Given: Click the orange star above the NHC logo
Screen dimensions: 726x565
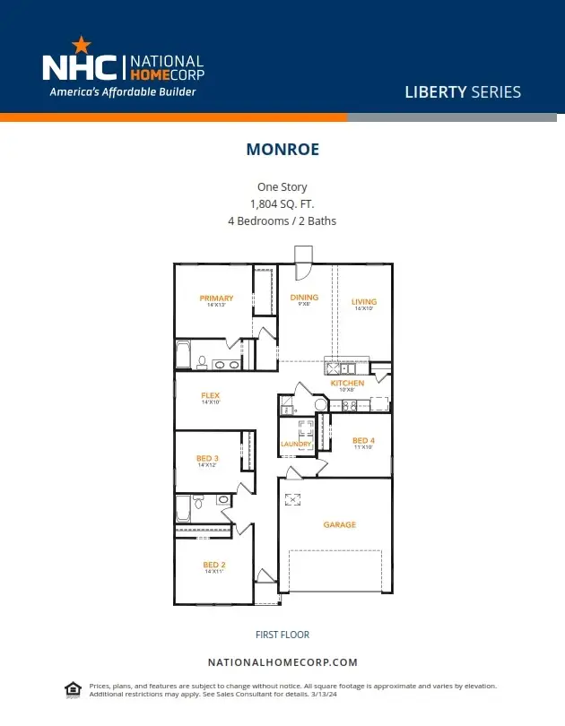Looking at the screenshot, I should (x=81, y=43).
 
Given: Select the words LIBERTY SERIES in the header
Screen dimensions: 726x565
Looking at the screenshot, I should (x=463, y=91).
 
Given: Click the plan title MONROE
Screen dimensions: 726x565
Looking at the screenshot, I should (x=282, y=150).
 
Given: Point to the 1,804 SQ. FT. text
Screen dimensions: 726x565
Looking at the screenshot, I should (x=282, y=203).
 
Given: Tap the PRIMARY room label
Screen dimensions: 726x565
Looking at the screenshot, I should (x=216, y=298).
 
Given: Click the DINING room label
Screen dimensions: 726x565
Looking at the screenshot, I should (x=304, y=298).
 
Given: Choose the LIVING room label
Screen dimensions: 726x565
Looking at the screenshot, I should (x=363, y=301).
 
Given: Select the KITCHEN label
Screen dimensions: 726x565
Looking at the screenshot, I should (x=347, y=383).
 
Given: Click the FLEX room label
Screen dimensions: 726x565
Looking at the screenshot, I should (x=210, y=395).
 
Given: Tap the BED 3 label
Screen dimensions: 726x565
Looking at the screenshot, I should (x=207, y=458).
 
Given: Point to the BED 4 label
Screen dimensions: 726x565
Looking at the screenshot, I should (x=363, y=440).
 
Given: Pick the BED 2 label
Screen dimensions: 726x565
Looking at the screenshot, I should (x=213, y=564).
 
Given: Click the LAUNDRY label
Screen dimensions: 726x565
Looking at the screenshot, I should (x=296, y=444).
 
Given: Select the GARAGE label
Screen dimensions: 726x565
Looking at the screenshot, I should (x=339, y=524).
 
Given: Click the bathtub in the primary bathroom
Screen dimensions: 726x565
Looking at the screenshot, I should (x=183, y=355).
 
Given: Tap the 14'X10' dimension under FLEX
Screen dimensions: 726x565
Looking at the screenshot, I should (x=210, y=402).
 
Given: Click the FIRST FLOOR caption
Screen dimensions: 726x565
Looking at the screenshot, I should (x=282, y=635).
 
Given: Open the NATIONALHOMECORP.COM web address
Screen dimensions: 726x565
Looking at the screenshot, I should (x=282, y=662).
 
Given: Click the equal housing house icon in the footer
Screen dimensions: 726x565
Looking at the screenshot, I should (x=73, y=688).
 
